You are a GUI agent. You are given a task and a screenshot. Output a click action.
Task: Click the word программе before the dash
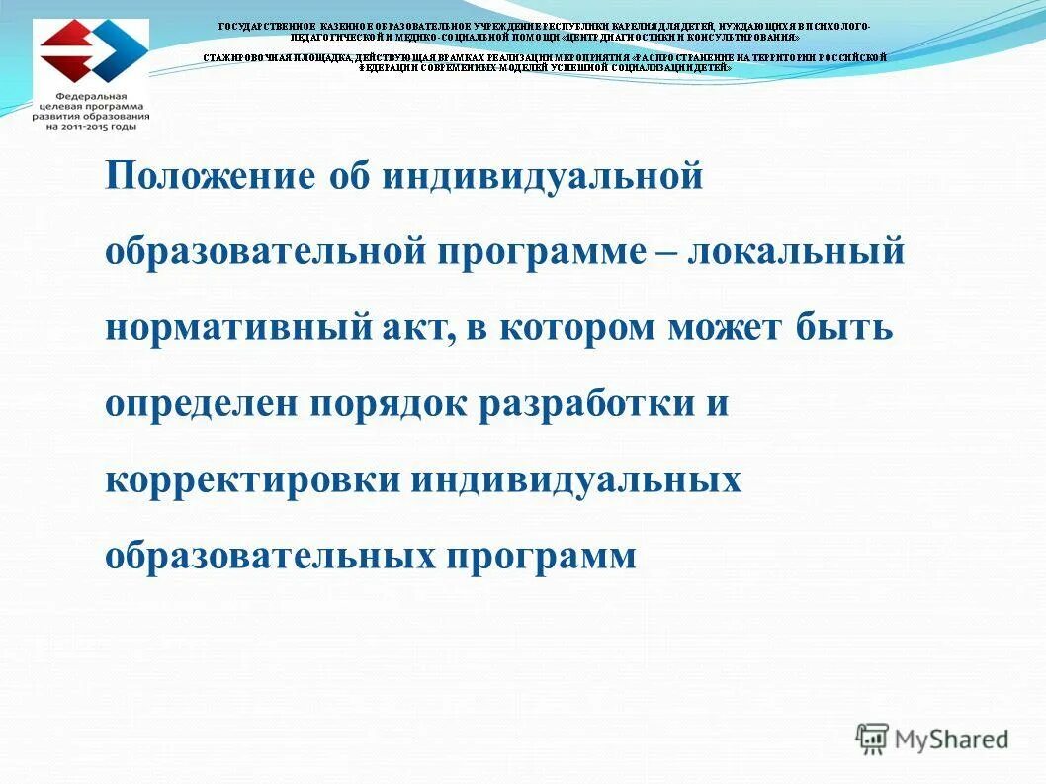coord(534,251)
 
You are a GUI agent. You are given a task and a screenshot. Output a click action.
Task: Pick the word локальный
coord(799,251)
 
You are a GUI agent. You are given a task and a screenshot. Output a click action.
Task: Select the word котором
coord(576,327)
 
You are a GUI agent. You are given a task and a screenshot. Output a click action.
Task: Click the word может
coord(727,327)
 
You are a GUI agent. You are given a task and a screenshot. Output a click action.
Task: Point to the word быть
coord(844,327)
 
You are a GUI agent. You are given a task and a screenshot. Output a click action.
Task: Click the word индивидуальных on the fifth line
coord(576,479)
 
